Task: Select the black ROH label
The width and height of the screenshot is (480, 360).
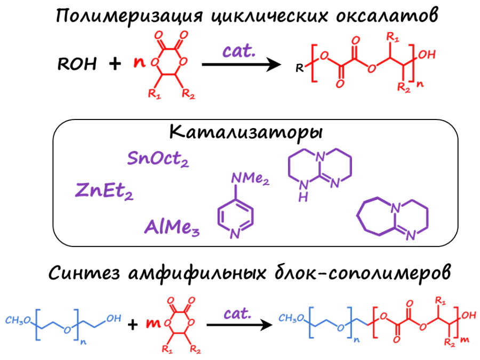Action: [x=77, y=65]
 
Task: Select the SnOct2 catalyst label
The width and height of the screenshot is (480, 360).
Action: [x=158, y=158]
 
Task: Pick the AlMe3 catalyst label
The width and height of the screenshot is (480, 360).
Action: [x=171, y=227]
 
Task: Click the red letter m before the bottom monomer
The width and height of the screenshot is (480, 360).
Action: [x=152, y=323]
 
